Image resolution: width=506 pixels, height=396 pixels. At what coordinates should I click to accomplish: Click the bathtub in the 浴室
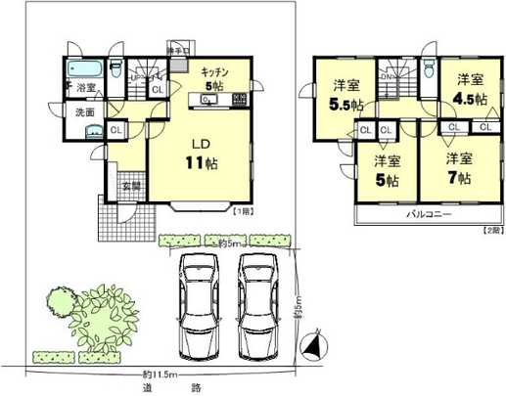[x=85, y=69]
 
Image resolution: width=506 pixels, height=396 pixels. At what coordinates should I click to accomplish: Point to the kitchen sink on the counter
[x=208, y=100]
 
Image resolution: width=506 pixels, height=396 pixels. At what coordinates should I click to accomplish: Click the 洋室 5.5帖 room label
[x=345, y=93]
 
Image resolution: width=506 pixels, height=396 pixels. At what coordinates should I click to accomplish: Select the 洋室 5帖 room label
[x=385, y=171]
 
